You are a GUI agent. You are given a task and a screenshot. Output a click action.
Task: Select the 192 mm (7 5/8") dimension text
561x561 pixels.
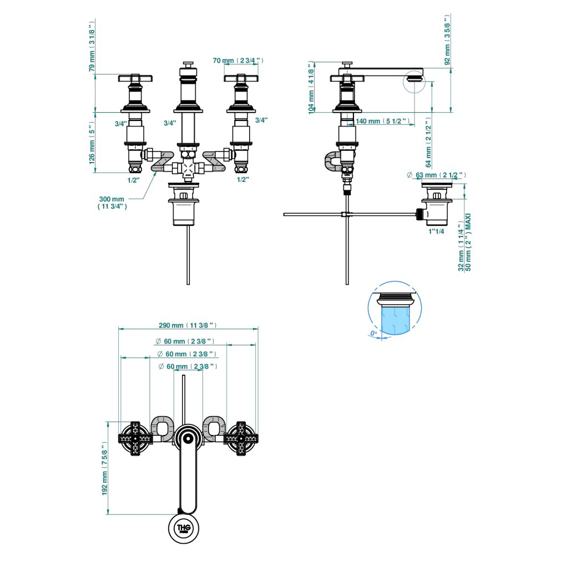(104, 477)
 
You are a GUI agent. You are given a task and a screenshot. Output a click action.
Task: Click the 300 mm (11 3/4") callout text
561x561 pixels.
(112, 202)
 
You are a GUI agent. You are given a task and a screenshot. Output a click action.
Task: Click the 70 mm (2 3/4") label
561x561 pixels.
(238, 60)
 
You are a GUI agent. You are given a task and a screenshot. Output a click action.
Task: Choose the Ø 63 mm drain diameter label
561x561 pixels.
(436, 175)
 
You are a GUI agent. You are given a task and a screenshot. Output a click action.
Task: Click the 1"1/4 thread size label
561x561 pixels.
(436, 231)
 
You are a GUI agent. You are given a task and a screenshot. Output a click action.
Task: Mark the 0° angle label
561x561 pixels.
(373, 333)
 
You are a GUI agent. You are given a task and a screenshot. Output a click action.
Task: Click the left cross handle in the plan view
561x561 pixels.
(134, 438)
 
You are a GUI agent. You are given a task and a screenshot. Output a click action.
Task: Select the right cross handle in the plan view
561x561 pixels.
(241, 438)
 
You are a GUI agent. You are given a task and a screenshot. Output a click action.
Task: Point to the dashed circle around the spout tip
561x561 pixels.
(413, 82)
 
